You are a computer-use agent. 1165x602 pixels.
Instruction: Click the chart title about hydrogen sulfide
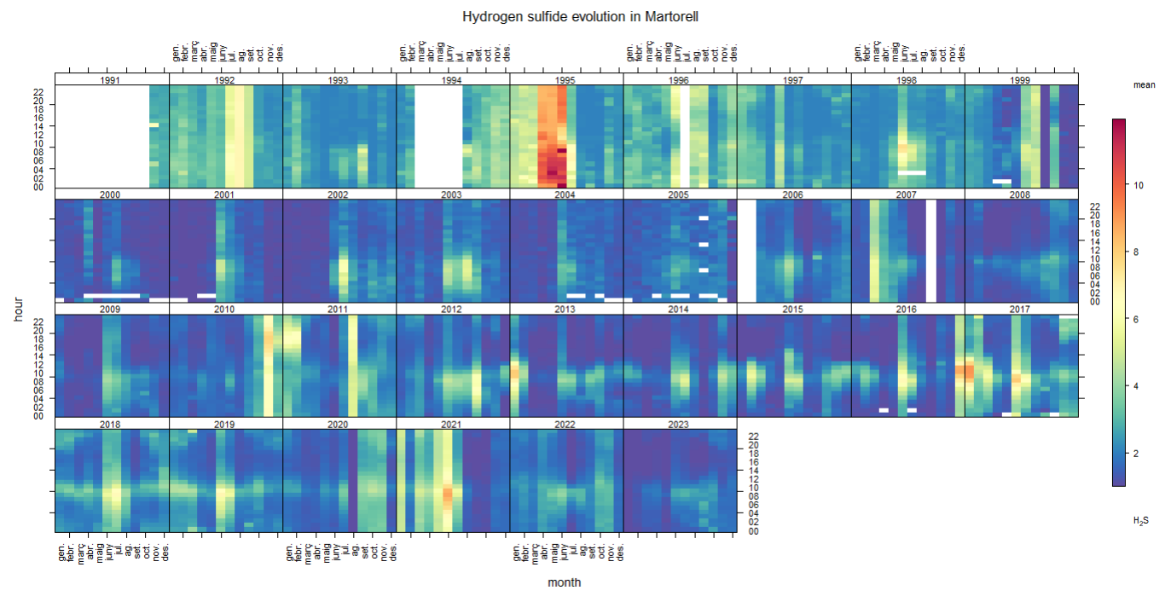(x=581, y=16)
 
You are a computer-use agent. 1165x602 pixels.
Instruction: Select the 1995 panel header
(x=566, y=80)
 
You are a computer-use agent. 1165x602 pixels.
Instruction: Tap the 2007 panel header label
(x=907, y=194)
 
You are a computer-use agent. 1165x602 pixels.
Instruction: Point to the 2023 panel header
(x=680, y=424)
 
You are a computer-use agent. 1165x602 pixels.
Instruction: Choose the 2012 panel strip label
(x=453, y=310)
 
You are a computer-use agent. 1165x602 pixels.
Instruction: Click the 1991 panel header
(x=112, y=80)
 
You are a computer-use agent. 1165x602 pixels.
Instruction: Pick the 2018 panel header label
(x=112, y=424)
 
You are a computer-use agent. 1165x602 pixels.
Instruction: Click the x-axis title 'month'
(x=565, y=582)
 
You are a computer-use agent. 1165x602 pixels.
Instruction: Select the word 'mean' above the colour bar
(x=1144, y=85)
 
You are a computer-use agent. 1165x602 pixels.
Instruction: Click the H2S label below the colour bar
(x=1140, y=520)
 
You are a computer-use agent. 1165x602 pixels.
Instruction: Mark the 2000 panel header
(x=112, y=194)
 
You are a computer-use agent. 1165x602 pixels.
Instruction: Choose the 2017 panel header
(x=1021, y=310)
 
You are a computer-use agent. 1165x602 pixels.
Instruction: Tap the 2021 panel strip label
(x=453, y=424)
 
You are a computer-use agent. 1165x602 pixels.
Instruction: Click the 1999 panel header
(x=1021, y=80)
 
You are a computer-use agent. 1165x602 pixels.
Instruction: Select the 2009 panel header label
(x=112, y=310)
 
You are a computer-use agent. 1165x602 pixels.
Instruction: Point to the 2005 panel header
(x=680, y=194)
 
